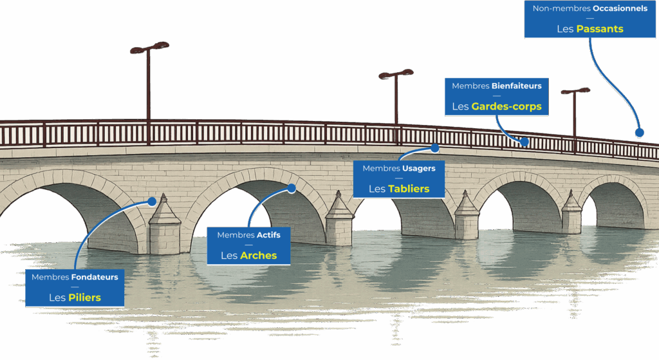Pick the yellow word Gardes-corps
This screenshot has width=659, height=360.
[506, 106]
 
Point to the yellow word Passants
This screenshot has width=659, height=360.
[600, 29]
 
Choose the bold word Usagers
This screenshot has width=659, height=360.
[419, 168]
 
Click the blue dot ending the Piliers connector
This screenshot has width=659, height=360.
[152, 201]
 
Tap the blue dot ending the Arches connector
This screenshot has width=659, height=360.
[292, 189]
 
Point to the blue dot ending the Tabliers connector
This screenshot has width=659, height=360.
[435, 147]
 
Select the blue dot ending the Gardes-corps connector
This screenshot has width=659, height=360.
[524, 142]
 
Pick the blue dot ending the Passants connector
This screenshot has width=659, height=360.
[639, 133]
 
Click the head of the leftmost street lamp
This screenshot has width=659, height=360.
[149, 47]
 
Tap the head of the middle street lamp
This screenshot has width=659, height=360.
[396, 73]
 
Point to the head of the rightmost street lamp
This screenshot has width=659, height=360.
[575, 91]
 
